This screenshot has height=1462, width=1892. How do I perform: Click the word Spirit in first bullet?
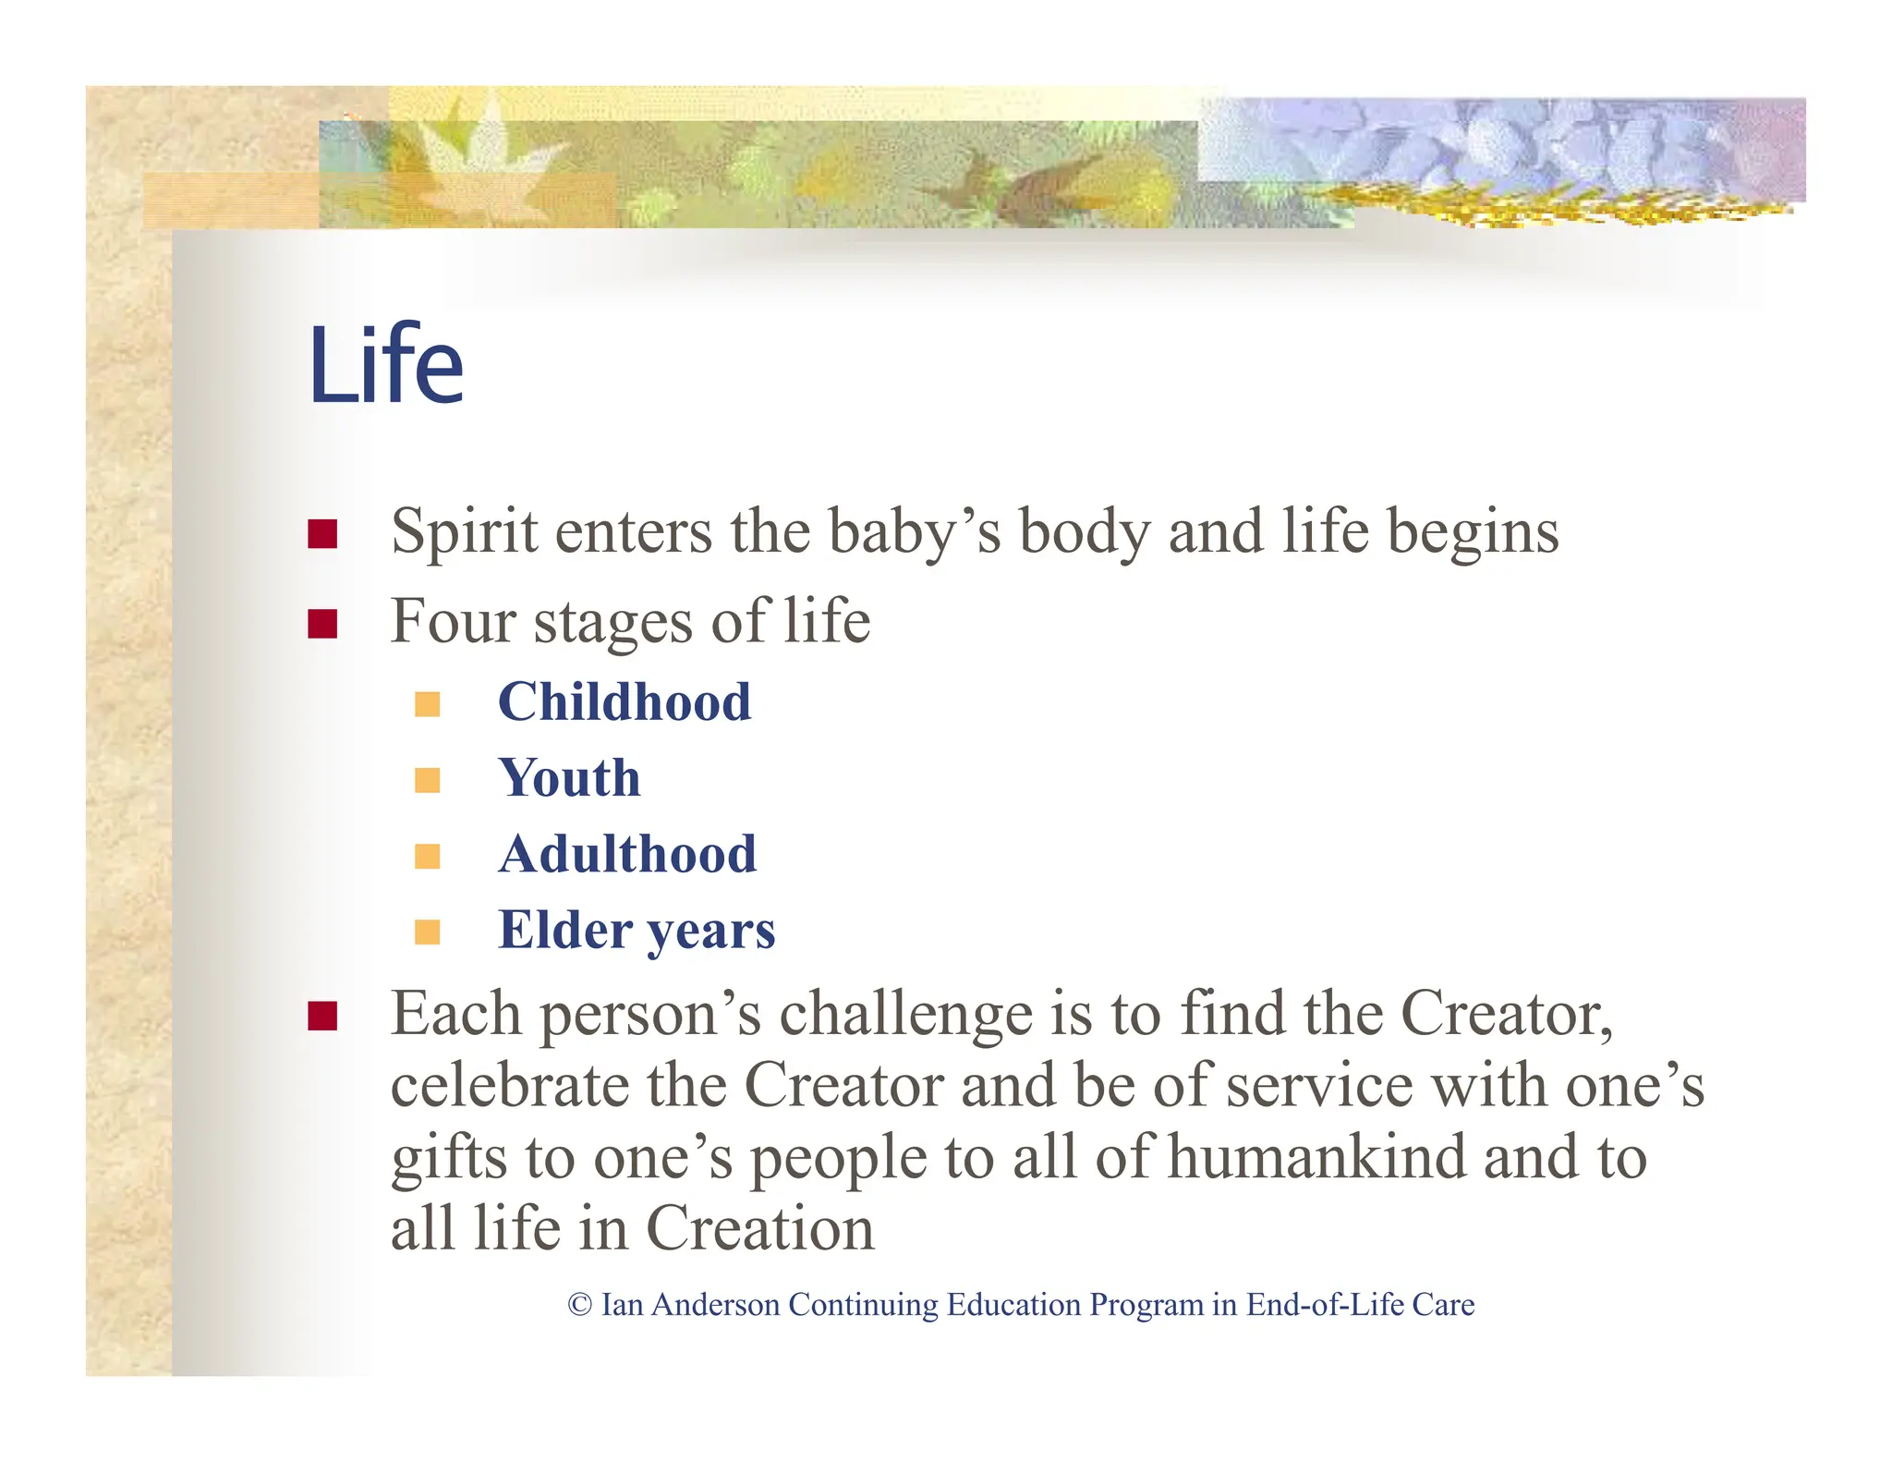(464, 532)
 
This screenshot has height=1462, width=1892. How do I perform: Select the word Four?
(453, 621)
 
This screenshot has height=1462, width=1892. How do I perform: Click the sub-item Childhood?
(625, 702)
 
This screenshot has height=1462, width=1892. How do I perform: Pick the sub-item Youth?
(569, 778)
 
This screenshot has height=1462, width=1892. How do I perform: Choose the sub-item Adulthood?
(627, 854)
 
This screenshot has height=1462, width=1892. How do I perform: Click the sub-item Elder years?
(637, 930)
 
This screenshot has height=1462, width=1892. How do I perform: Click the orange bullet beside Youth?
(428, 780)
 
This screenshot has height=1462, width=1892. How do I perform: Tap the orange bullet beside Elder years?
(428, 932)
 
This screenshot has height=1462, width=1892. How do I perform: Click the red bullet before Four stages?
(322, 624)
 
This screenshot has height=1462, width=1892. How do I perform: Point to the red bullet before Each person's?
(322, 1017)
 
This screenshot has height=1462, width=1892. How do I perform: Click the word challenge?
(905, 1016)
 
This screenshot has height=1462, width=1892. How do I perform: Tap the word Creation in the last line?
(759, 1229)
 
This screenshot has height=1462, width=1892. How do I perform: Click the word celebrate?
(510, 1087)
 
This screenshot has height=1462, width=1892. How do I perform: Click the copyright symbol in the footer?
(579, 1305)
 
